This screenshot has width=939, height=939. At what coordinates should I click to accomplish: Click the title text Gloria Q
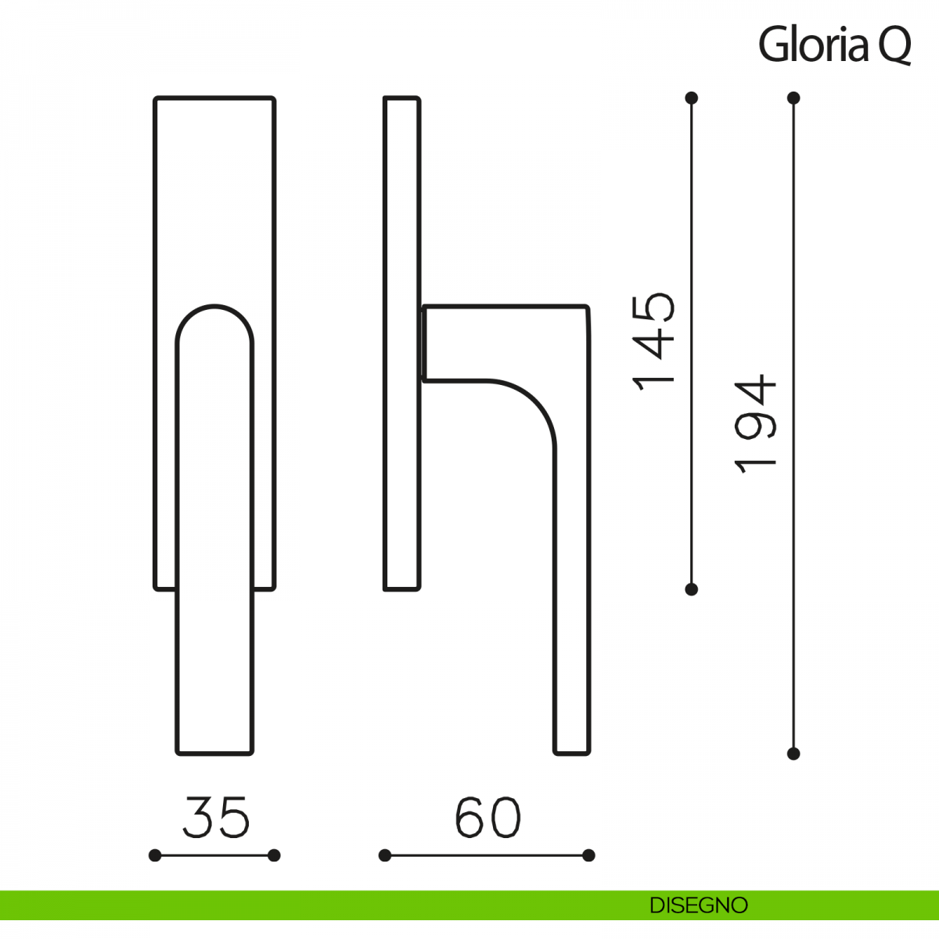tap(834, 45)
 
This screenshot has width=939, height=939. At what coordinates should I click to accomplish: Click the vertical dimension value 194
tap(755, 424)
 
